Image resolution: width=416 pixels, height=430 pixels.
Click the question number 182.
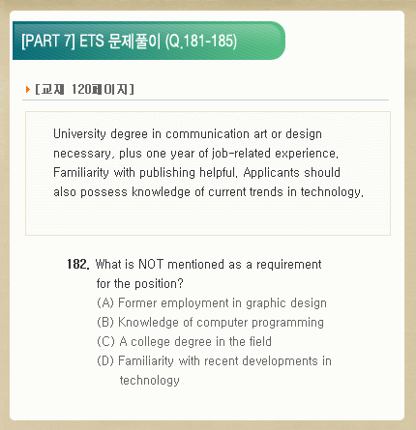[x=78, y=264]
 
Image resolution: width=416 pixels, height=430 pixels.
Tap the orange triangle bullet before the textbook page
[x=28, y=89]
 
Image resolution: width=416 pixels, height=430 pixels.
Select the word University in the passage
[x=79, y=134]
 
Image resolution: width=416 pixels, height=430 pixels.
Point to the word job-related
[x=241, y=154]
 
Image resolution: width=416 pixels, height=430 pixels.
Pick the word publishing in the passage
[x=167, y=173]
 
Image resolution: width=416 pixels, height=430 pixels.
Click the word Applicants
[x=272, y=173]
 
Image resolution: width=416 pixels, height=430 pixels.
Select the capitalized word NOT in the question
[x=151, y=265]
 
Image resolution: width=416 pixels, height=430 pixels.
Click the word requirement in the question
[x=289, y=265]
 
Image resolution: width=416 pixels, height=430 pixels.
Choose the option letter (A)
[x=105, y=302]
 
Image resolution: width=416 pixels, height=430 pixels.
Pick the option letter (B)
[x=105, y=322]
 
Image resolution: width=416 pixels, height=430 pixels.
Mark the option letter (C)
[x=105, y=341]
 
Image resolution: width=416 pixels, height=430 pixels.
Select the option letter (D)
[x=105, y=360]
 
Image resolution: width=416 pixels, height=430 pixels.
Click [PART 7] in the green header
[x=48, y=41]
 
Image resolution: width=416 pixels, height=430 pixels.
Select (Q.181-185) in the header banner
[x=201, y=42]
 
